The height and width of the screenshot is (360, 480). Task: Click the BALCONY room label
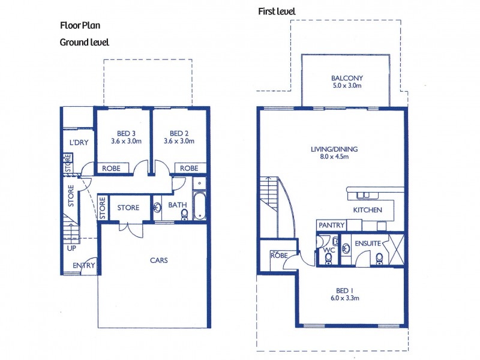pos(347,78)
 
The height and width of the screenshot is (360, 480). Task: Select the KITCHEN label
pos(368,210)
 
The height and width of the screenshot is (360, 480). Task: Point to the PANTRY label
pos(331,225)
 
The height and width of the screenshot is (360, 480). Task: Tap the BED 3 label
pos(125,134)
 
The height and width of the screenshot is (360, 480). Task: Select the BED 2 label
pos(179,134)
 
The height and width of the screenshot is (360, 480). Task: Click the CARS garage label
pos(158,260)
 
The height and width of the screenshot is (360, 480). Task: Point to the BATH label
pos(177,205)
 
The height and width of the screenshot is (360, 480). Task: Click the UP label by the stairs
pos(71,247)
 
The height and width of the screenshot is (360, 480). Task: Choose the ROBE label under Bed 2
pos(189,169)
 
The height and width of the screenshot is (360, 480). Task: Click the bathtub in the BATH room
pos(199,206)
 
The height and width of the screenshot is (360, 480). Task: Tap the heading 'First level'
pos(277,11)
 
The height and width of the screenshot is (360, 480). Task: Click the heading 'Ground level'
pos(84,42)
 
